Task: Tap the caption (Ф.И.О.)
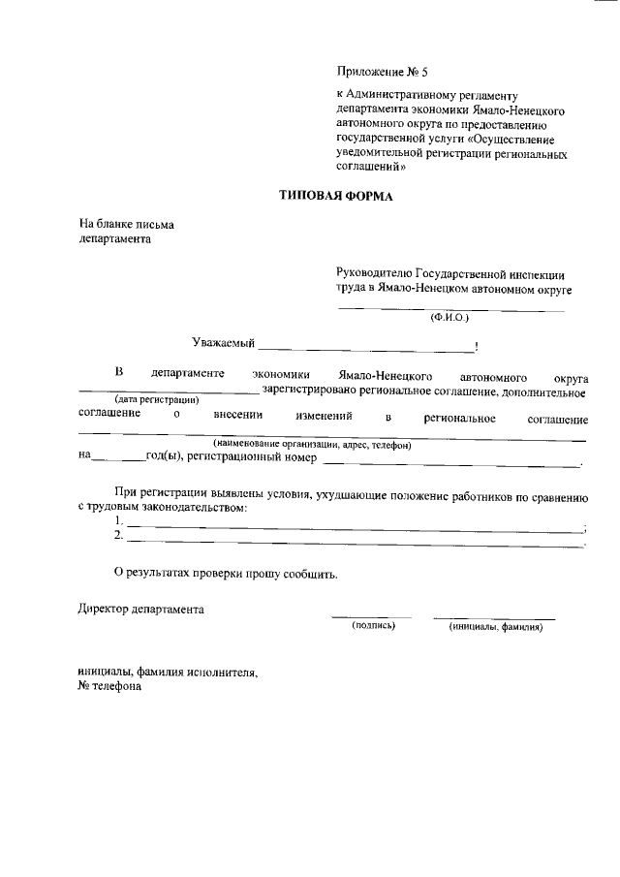click(449, 317)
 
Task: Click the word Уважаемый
click(223, 342)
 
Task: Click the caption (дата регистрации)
click(157, 400)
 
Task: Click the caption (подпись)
click(373, 626)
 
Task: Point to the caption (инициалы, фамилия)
click(495, 627)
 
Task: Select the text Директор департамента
click(141, 610)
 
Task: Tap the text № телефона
click(109, 686)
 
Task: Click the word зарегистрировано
click(314, 392)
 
